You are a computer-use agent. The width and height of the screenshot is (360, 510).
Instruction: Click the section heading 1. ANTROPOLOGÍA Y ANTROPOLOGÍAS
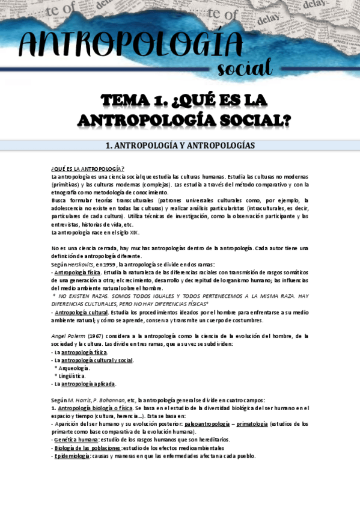pyautogui.click(x=180, y=146)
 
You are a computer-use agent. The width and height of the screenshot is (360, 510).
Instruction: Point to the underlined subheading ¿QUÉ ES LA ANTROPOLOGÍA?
pyautogui.click(x=88, y=168)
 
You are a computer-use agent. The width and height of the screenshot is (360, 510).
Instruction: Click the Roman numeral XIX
pyautogui.click(x=134, y=232)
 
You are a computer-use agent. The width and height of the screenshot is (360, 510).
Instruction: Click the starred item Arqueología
pyautogui.click(x=73, y=367)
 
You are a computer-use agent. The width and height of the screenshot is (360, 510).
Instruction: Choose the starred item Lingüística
pyautogui.click(x=72, y=375)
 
